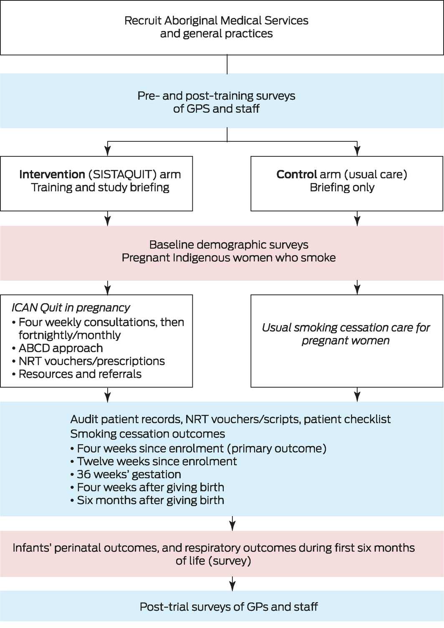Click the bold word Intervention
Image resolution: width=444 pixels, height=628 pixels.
click(x=52, y=174)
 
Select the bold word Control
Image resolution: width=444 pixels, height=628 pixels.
click(x=296, y=174)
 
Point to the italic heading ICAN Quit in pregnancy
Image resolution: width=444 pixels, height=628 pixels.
click(x=71, y=308)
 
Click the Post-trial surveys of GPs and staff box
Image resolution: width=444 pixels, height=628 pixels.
click(x=229, y=607)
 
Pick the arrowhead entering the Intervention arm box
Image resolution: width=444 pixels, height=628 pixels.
click(x=108, y=151)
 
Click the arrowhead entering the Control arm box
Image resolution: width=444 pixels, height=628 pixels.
click(x=357, y=151)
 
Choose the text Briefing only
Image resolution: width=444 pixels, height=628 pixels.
click(x=342, y=188)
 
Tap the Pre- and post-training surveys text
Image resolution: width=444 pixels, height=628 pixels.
click(x=216, y=96)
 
